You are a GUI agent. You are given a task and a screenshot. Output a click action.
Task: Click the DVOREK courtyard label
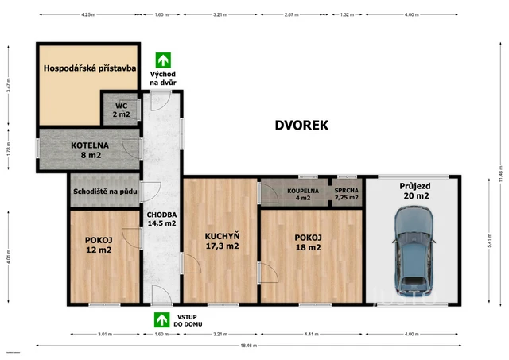(301, 125)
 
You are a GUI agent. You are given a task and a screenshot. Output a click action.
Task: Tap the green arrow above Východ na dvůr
(163, 60)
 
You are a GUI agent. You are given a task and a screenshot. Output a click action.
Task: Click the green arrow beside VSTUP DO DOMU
(162, 319)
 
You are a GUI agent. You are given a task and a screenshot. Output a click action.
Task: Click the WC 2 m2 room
(121, 110)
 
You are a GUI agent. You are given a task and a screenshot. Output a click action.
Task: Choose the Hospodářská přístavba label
(89, 69)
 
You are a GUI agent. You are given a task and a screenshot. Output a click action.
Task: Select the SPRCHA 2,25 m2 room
(346, 194)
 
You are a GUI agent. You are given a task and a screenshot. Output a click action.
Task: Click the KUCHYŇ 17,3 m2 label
(222, 241)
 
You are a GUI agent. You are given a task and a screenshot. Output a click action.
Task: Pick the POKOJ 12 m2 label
(99, 245)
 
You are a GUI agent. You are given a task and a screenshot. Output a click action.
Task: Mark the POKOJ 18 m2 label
(307, 242)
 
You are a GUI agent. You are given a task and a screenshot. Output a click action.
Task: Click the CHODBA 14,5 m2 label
(161, 219)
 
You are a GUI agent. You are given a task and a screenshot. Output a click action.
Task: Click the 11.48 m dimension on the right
(500, 185)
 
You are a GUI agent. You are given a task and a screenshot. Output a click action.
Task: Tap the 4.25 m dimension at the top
(88, 14)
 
